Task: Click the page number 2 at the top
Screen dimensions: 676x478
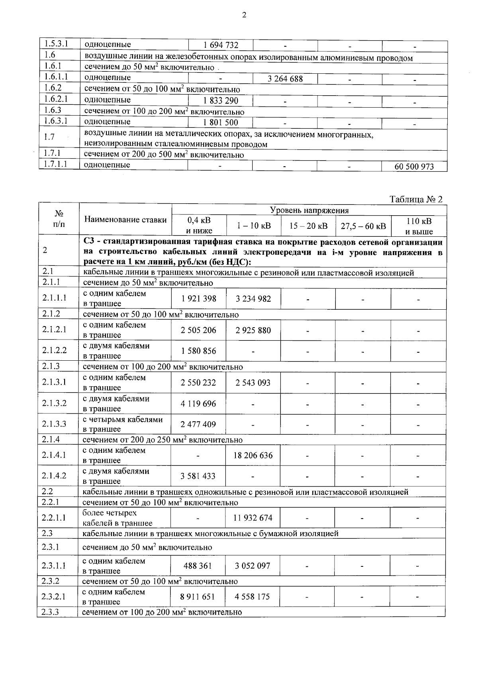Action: [244, 15]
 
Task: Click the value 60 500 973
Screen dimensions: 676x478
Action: [414, 167]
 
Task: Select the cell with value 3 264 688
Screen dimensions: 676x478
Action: [285, 79]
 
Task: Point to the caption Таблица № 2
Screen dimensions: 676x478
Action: [416, 199]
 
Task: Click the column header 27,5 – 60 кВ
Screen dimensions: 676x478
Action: [363, 226]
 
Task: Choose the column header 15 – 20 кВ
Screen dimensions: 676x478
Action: [308, 226]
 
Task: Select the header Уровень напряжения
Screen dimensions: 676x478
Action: [309, 210]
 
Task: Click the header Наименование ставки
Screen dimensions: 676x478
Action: [125, 219]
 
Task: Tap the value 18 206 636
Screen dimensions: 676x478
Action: [253, 455]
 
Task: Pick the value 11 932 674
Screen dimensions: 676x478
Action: [253, 518]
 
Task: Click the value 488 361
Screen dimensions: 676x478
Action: [198, 566]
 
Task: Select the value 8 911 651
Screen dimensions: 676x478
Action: [198, 597]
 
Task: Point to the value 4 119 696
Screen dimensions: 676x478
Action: [198, 404]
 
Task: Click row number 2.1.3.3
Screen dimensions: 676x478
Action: [54, 424]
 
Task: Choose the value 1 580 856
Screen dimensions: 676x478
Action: [198, 351]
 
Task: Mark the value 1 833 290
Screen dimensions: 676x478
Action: [221, 101]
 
